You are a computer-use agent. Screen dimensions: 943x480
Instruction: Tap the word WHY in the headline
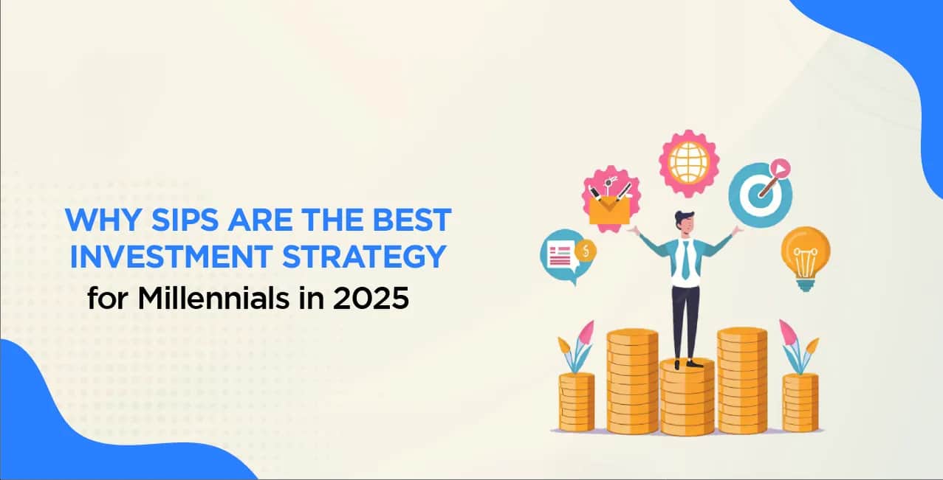pyautogui.click(x=103, y=220)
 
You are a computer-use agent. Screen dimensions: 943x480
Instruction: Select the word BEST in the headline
pyautogui.click(x=412, y=220)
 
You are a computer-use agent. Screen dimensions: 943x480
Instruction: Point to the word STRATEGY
pyautogui.click(x=364, y=257)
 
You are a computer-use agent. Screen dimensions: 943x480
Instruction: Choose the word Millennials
pyautogui.click(x=213, y=299)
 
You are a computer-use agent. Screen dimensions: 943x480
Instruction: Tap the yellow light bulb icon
pyautogui.click(x=806, y=258)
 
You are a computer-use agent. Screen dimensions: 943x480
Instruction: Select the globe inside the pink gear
pyautogui.click(x=689, y=163)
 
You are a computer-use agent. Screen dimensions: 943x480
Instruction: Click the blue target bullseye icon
pyautogui.click(x=760, y=194)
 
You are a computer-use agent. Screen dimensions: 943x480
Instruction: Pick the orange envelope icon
pyautogui.click(x=608, y=211)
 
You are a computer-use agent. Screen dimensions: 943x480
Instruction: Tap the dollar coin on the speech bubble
pyautogui.click(x=585, y=251)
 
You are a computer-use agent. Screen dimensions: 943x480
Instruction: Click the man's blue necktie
pyautogui.click(x=686, y=260)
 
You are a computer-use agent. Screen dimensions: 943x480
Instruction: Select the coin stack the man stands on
pyautogui.click(x=687, y=397)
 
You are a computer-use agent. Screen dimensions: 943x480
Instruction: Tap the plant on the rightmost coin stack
pyautogui.click(x=798, y=347)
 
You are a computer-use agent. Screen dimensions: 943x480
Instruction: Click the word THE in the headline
pyautogui.click(x=332, y=220)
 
